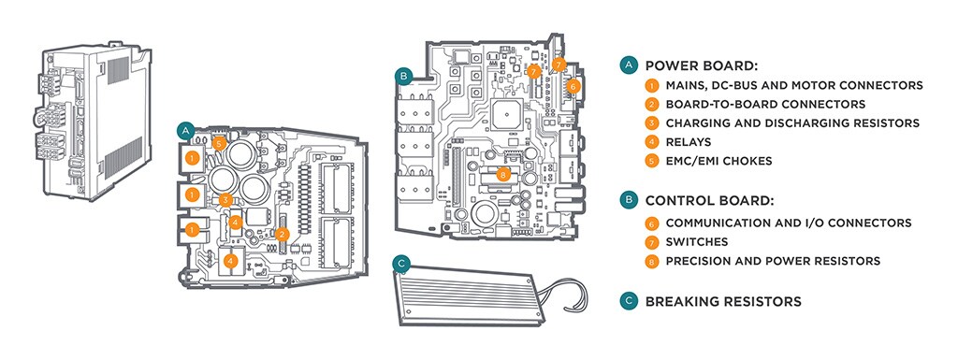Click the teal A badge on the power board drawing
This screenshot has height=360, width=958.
coord(185,131)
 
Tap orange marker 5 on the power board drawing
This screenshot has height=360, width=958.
coord(220,144)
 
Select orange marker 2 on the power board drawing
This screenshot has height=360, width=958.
coord(281,234)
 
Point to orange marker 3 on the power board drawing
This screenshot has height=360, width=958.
coord(225,199)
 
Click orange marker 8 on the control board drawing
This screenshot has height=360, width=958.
coord(502,175)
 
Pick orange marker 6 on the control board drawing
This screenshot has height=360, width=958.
coord(572,87)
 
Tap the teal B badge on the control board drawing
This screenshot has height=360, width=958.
coord(402,77)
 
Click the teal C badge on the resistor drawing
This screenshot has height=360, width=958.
coord(401,263)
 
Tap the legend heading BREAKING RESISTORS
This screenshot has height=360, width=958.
coord(723,301)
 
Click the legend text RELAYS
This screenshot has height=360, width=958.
coord(689,142)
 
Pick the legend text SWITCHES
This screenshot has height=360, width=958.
coord(697,242)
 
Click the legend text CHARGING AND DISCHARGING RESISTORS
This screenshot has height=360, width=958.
coord(792,123)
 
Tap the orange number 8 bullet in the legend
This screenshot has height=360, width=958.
coord(652,261)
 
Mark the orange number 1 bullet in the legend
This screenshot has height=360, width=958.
coord(652,85)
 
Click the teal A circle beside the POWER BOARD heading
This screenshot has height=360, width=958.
coord(628,65)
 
